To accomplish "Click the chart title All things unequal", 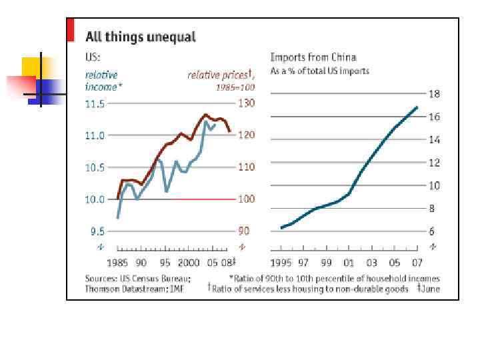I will coord(140,37).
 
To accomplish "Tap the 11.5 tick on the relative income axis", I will coord(95,104).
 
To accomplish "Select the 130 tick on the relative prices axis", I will coord(246,104).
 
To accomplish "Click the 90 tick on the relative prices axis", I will coord(244,231).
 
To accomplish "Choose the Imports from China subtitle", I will coord(313,57).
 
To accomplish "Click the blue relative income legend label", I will coord(103,81).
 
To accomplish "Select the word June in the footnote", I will coord(430,289).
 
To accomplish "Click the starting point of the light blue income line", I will coord(117,218).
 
